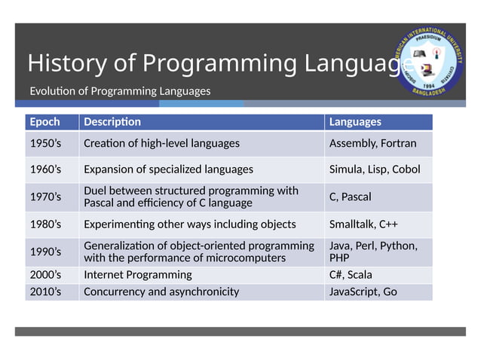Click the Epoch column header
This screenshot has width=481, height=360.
tap(44, 122)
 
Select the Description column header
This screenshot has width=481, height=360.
tap(112, 122)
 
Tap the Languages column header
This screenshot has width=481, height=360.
tap(355, 122)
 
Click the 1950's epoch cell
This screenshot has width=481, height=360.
tap(44, 143)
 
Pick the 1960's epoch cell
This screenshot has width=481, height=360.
tap(44, 169)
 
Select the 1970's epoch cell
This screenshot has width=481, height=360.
tap(44, 197)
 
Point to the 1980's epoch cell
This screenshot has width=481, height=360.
tap(44, 224)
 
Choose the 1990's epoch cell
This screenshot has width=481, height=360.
tap(44, 252)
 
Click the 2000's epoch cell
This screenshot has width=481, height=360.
tap(44, 275)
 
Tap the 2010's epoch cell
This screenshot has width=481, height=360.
tap(44, 291)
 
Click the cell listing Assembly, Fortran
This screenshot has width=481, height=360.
tap(372, 143)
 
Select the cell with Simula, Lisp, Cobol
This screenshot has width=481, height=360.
tap(375, 169)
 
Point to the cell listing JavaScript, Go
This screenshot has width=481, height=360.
tap(363, 291)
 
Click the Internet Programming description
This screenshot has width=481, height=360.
tap(137, 275)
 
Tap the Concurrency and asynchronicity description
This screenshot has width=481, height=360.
tap(161, 291)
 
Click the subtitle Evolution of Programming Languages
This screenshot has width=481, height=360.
tap(120, 91)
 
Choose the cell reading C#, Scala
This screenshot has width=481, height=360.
tap(351, 275)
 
